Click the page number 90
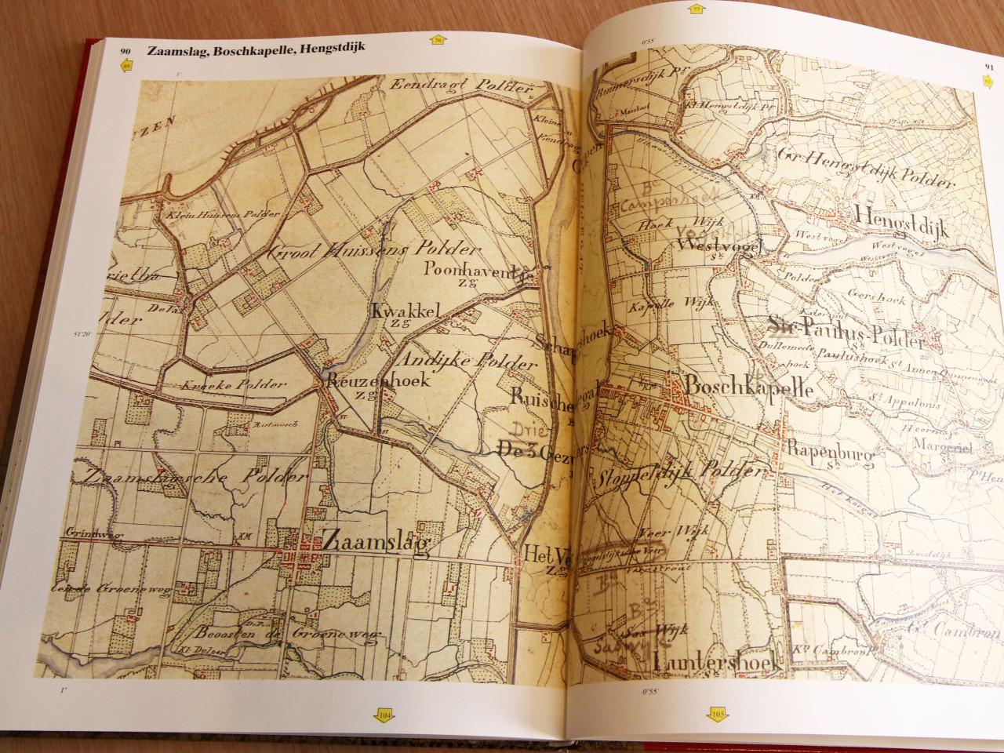click(x=125, y=52)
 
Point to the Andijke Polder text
click(x=469, y=361)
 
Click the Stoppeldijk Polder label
click(x=680, y=475)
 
